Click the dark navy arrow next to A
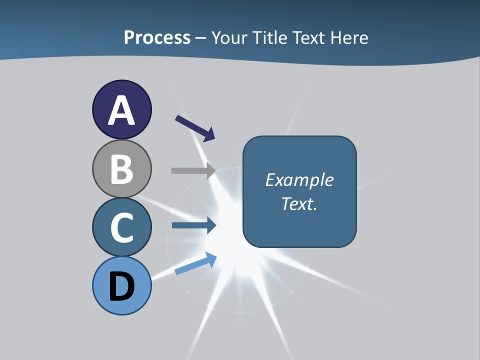pyautogui.click(x=195, y=127)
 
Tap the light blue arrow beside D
pyautogui.click(x=195, y=263)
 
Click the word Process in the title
pyautogui.click(x=157, y=37)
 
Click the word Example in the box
pyautogui.click(x=299, y=180)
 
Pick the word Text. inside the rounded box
pyautogui.click(x=299, y=203)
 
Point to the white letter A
pyautogui.click(x=121, y=111)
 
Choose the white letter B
pyautogui.click(x=121, y=169)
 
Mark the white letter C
pyautogui.click(x=121, y=227)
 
